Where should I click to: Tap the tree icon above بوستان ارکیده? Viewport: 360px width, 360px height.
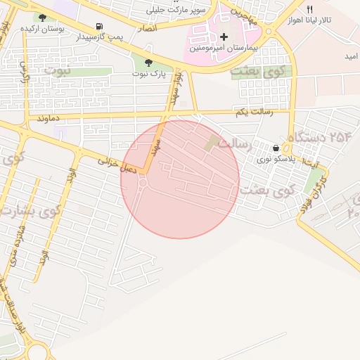tap(42, 18)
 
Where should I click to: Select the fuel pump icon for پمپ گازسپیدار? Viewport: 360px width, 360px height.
tap(108, 27)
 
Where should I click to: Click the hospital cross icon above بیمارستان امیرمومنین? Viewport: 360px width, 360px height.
tap(224, 37)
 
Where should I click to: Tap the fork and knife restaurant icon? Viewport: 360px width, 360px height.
tap(309, 10)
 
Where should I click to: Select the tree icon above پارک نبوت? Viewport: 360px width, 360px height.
tap(147, 63)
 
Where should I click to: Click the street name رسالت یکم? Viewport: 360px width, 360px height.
tap(252, 112)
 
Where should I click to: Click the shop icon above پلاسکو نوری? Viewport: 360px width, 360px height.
tap(275, 148)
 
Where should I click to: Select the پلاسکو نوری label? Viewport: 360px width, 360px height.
tap(274, 160)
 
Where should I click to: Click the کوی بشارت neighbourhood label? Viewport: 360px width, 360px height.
tap(32, 210)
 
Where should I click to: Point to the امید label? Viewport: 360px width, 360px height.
tap(351, 56)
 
